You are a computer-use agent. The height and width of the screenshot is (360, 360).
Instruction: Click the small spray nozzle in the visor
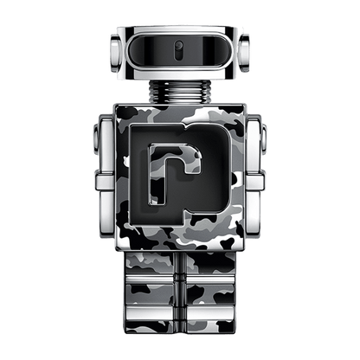tap(180, 46)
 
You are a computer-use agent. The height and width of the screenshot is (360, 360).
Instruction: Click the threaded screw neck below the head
tap(180, 94)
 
